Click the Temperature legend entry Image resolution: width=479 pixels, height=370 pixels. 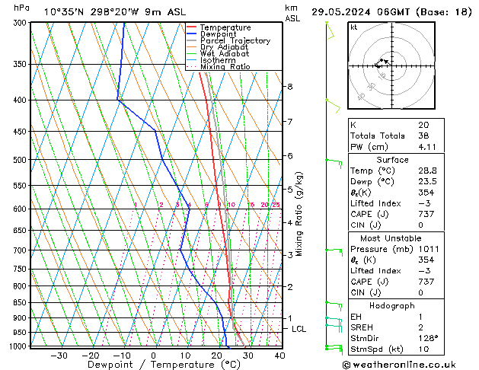[225, 27]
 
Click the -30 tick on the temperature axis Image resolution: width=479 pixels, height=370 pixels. [59, 356]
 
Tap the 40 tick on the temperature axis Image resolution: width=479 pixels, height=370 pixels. [280, 356]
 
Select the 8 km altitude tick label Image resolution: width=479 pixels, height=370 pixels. [290, 87]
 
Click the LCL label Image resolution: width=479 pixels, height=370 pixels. [299, 329]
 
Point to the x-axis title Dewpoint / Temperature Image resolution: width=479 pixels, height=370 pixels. [152, 365]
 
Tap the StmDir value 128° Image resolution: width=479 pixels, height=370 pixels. [428, 338]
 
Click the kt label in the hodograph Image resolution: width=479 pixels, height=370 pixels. [354, 27]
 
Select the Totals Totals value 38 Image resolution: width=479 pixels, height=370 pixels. [423, 136]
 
